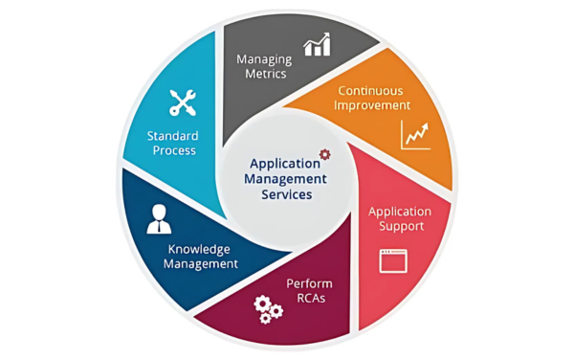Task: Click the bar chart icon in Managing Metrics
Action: (317, 44)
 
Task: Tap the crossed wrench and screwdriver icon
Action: (183, 102)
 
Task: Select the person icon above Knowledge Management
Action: (159, 219)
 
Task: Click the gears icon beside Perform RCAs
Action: (268, 309)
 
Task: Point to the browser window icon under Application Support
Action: (393, 260)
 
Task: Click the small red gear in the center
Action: (324, 154)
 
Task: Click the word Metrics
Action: (266, 74)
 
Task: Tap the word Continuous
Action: (370, 90)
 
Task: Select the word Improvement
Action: (372, 105)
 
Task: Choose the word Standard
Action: (172, 136)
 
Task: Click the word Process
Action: (174, 150)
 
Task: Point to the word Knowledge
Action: (199, 249)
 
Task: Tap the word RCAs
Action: (311, 298)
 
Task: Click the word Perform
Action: (309, 283)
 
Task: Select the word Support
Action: (401, 226)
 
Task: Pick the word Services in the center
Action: (287, 194)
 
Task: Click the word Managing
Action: (264, 59)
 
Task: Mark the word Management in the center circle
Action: (285, 179)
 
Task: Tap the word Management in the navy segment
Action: (201, 264)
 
